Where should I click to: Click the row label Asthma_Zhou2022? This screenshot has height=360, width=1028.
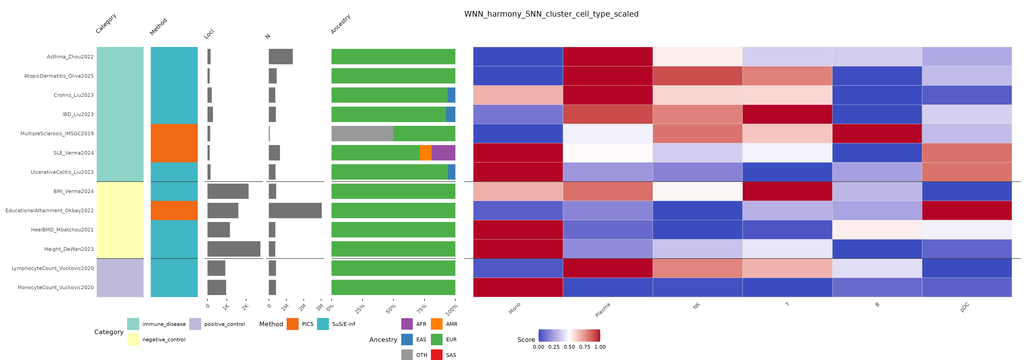[70, 57]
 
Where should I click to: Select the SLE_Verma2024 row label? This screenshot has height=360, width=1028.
[74, 153]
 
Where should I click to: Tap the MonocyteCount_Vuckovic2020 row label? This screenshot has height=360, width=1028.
[56, 287]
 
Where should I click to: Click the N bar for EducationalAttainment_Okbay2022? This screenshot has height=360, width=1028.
[295, 210]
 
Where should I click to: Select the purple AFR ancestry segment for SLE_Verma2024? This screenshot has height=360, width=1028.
[443, 153]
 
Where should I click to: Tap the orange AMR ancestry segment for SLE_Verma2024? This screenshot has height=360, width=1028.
[425, 153]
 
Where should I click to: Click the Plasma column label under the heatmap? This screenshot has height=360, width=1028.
[603, 310]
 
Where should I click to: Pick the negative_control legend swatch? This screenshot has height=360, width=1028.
[133, 339]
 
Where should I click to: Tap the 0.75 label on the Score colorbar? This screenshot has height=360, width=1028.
[585, 347]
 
